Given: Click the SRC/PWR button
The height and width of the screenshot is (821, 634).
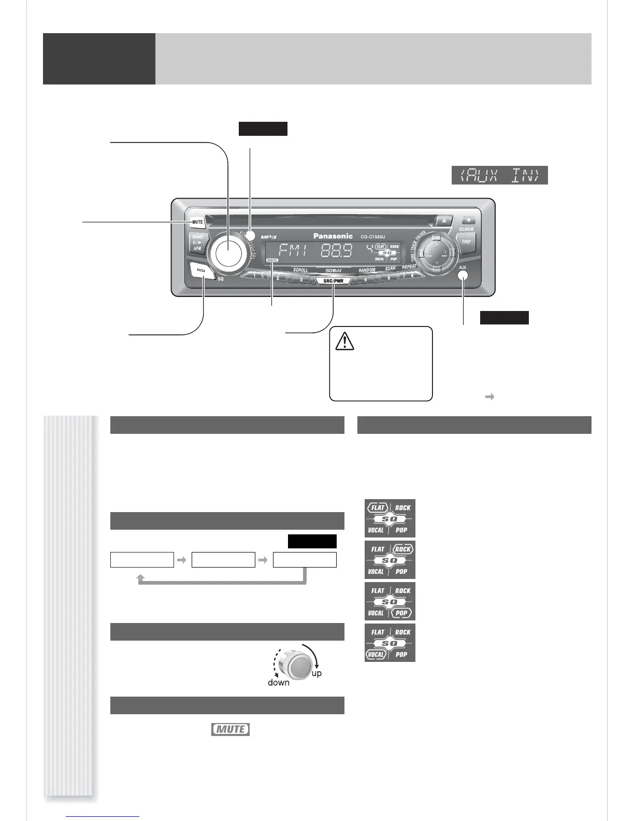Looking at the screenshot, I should point(333,281).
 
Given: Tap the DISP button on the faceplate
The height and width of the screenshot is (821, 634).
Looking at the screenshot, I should point(466,242).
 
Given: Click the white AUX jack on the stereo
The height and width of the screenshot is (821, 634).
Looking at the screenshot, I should point(463,276).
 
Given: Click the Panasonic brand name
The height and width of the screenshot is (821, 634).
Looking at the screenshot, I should point(333,236).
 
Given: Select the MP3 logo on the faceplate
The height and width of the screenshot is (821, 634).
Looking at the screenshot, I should point(269,237).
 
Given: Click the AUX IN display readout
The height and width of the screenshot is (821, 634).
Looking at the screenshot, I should point(499,176).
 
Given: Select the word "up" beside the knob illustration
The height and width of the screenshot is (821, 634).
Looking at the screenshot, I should point(316,673).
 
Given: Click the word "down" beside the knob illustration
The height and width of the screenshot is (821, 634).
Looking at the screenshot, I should point(278,683).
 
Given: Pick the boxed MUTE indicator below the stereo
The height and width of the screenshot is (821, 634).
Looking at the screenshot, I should point(230,729).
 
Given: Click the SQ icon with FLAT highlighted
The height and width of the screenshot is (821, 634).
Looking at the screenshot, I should point(390,518).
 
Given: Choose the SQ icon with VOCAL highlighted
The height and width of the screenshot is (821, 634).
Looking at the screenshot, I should point(390,643).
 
